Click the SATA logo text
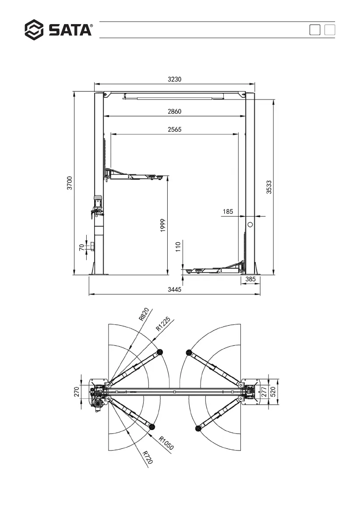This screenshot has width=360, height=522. coord(70,30)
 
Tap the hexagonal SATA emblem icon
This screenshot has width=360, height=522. coord(34,30)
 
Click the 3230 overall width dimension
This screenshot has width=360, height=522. coord(174,79)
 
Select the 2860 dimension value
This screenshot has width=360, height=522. coord(174,111)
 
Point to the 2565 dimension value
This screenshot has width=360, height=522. coord(174,129)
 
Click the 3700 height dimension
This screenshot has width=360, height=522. coord(70,183)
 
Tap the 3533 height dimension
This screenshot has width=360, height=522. coord(269,187)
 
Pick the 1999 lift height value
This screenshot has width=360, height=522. coord(162,225)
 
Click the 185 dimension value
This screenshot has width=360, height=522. coord(228,212)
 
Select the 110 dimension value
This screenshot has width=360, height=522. coord(178,247)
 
